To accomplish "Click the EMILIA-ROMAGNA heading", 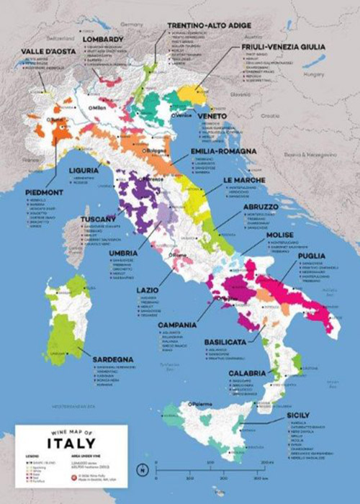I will click(x=222, y=151).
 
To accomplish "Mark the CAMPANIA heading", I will click(x=177, y=325).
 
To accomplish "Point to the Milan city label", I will click(x=99, y=108).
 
